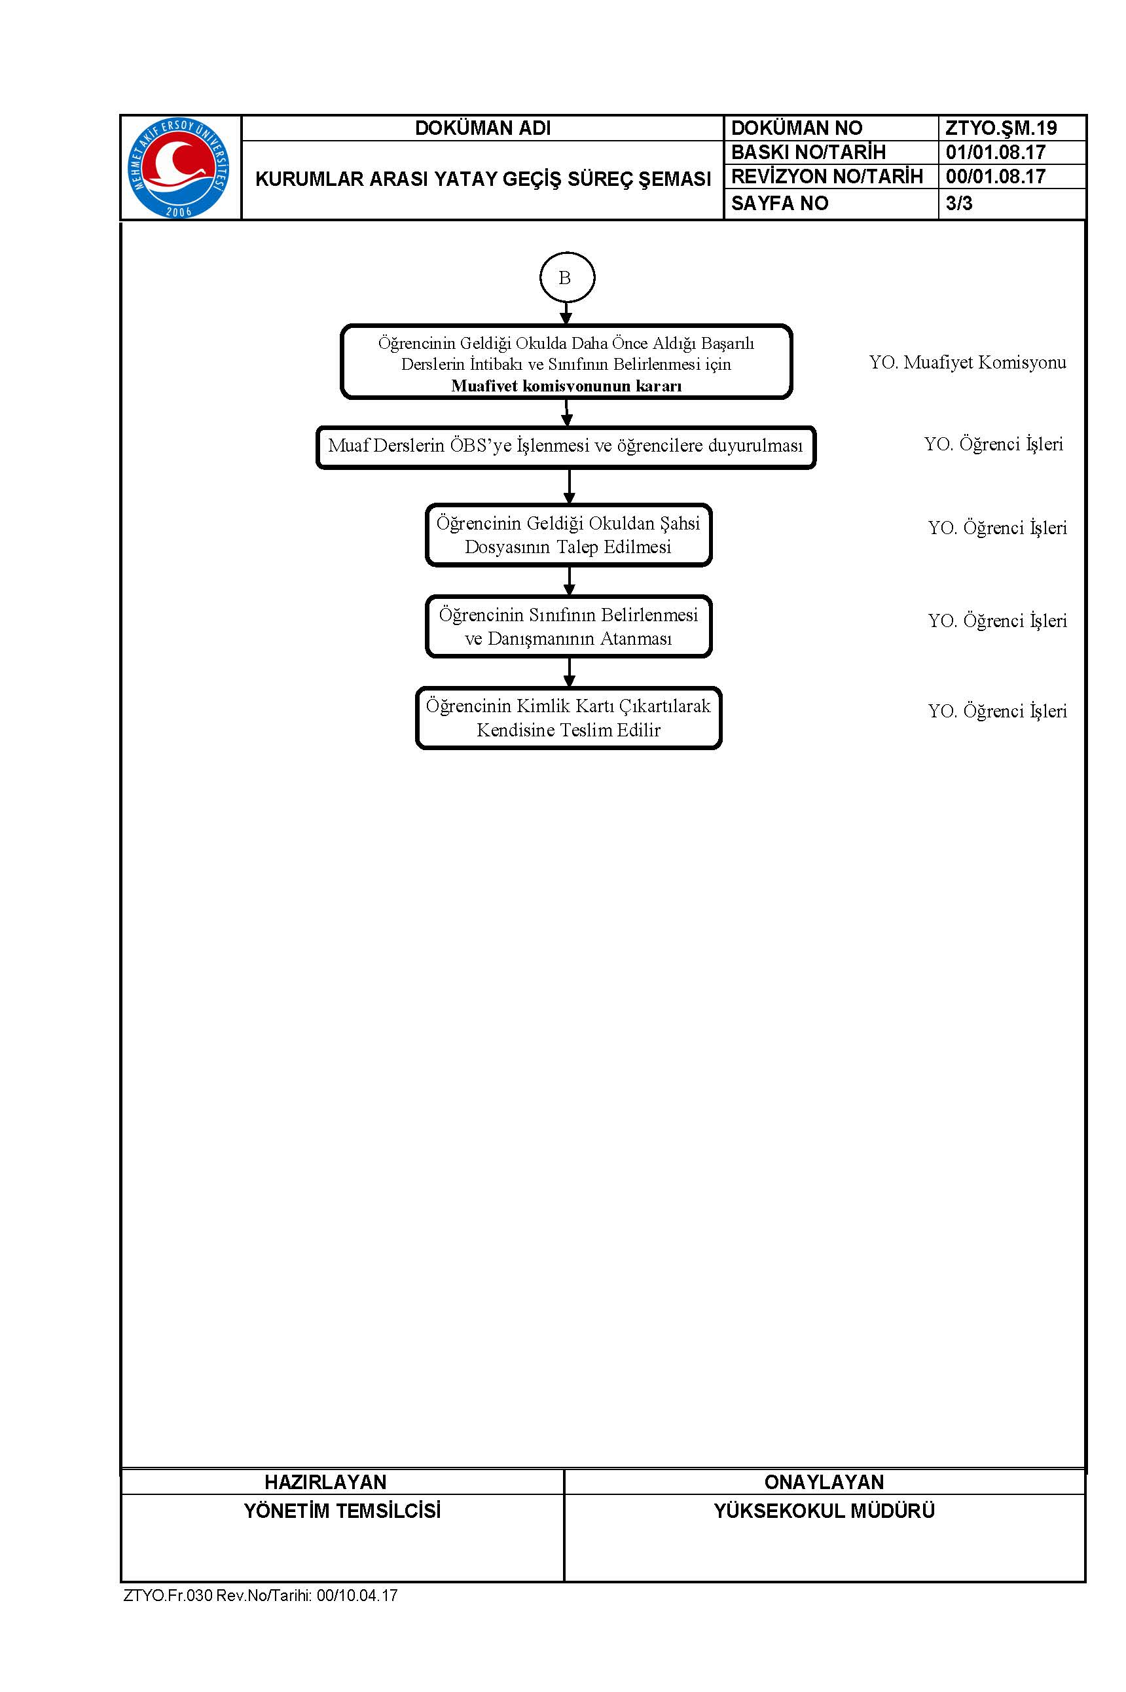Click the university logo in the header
click(179, 168)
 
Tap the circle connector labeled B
click(566, 277)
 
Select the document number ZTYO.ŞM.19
click(1001, 128)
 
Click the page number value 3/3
click(958, 203)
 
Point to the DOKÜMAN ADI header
click(482, 128)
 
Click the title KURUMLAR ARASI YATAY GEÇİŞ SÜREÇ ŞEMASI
click(482, 179)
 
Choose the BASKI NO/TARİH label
click(808, 153)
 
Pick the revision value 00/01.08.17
click(995, 177)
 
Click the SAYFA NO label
click(779, 203)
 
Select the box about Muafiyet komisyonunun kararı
click(566, 362)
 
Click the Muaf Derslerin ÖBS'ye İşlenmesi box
click(566, 447)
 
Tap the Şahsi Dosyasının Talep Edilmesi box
click(569, 535)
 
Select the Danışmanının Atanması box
click(569, 626)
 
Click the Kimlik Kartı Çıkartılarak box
click(569, 718)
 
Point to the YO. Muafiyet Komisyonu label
click(968, 363)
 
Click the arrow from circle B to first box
click(566, 314)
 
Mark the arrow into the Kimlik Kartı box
click(569, 673)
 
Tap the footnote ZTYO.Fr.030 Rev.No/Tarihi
click(261, 1595)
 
